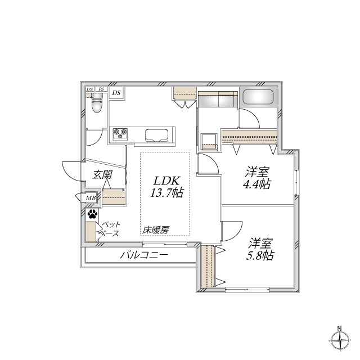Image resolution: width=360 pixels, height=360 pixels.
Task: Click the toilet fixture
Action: coord(96,103)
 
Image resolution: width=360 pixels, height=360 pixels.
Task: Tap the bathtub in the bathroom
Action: coord(258,98)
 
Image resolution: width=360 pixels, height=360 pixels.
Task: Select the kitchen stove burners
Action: coord(120,134)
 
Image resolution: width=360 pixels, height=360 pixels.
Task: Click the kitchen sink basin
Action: coord(157,135)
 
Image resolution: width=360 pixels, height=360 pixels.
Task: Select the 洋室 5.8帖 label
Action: coord(261,249)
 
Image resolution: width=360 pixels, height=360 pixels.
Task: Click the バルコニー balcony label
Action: coord(143,255)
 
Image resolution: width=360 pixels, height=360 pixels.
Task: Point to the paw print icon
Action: coord(92,214)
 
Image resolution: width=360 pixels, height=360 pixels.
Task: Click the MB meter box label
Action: coord(90,198)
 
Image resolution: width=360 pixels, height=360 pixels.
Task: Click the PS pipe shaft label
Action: coord(101,89)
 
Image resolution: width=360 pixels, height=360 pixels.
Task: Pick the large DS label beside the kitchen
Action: coord(116,93)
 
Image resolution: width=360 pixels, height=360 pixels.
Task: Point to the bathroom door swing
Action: coord(249,118)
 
